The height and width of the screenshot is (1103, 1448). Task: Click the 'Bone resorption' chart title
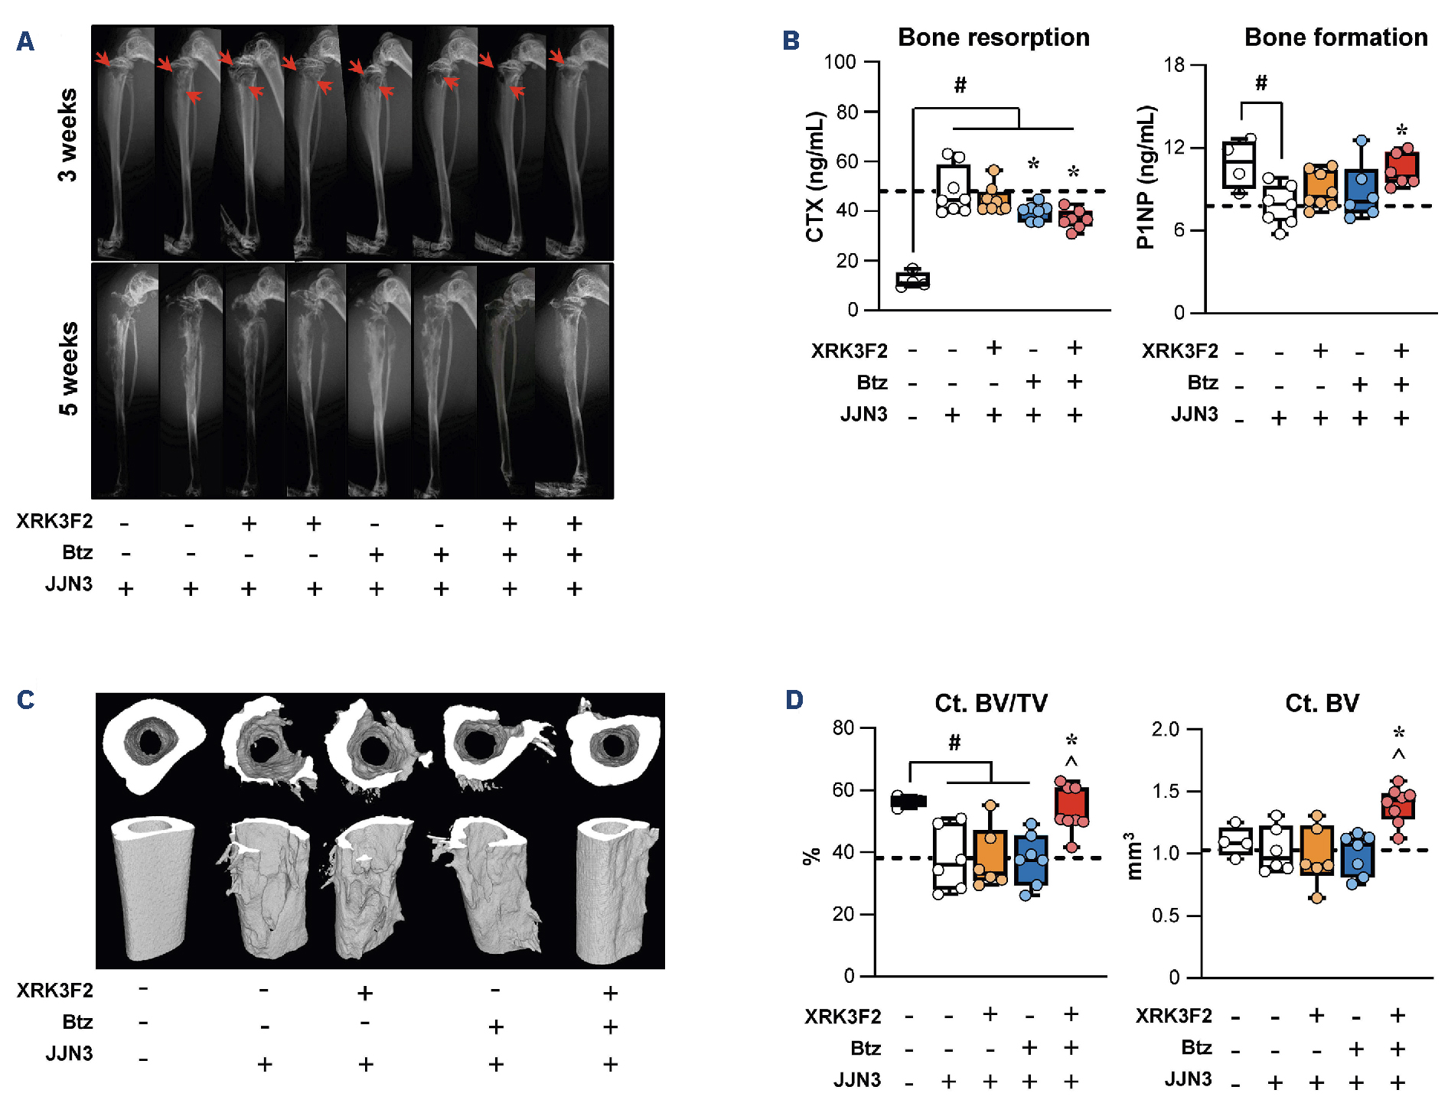click(993, 37)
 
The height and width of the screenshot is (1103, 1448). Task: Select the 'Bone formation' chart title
click(1335, 37)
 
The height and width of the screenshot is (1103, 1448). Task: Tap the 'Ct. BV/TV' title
click(990, 703)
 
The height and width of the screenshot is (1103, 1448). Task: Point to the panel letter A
click(25, 41)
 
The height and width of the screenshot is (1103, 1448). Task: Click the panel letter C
click(25, 700)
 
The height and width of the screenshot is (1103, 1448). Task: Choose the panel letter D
click(794, 700)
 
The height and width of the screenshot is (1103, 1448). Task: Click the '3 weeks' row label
click(68, 135)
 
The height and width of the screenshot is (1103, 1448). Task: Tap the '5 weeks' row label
click(68, 369)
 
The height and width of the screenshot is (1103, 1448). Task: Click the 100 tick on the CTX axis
click(840, 62)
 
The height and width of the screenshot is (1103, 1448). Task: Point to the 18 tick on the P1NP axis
click(1173, 65)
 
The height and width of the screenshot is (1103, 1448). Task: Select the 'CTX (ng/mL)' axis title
click(815, 177)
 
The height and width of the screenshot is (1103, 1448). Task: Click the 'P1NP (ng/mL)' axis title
click(1145, 178)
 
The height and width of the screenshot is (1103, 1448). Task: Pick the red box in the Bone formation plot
click(1402, 168)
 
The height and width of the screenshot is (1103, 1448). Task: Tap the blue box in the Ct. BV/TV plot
click(1031, 861)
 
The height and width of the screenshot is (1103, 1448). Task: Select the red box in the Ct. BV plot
click(1397, 807)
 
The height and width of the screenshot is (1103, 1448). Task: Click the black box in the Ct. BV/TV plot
click(908, 802)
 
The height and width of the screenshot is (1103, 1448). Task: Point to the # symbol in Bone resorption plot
click(960, 86)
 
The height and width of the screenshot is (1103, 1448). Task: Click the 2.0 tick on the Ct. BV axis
click(1165, 729)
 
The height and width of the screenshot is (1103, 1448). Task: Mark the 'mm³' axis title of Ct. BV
click(1133, 855)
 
